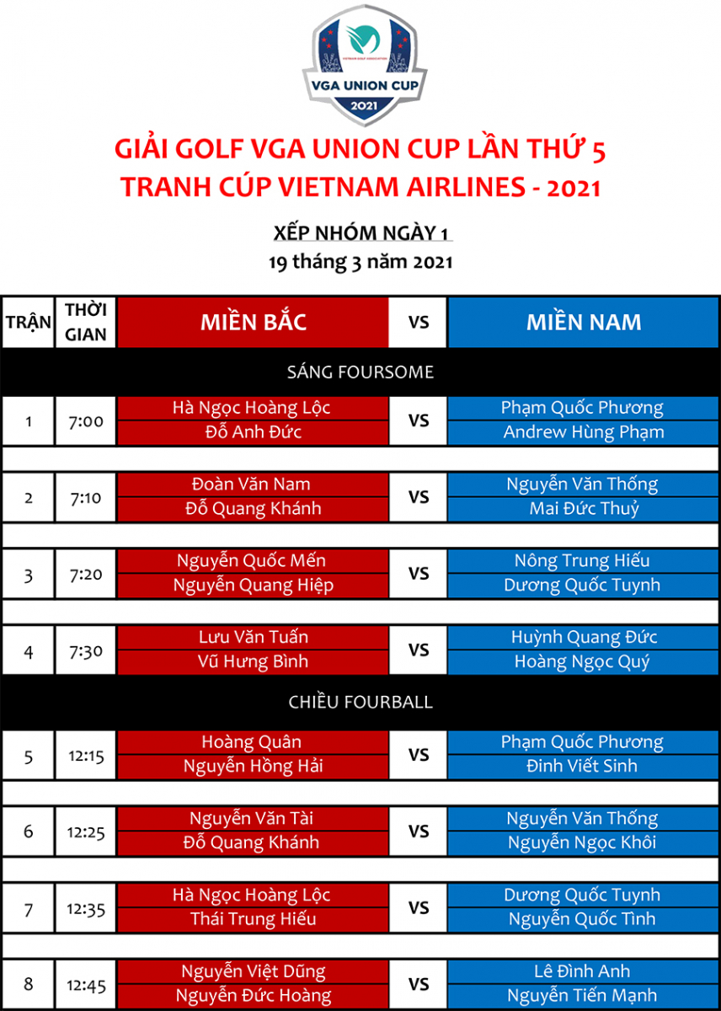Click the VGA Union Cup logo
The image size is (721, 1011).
(365, 65)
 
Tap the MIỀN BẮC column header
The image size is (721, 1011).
(254, 322)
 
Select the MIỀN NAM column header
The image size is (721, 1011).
(584, 322)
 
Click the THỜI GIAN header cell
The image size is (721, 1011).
(86, 322)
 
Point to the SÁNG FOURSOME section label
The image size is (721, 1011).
(360, 372)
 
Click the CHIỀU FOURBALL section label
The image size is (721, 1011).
(360, 702)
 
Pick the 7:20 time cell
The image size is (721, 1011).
(86, 574)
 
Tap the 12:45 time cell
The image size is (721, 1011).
(86, 985)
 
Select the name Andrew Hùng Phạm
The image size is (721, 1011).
(584, 432)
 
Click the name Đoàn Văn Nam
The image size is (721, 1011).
(251, 484)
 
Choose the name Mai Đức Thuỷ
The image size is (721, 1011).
(585, 509)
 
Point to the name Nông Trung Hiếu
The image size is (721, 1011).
(582, 560)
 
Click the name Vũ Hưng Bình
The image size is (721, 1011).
(253, 661)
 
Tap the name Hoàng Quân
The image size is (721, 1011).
(251, 742)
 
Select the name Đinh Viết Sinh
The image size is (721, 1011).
(582, 766)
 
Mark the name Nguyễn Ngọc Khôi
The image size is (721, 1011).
(582, 842)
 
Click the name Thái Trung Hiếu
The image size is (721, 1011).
(254, 918)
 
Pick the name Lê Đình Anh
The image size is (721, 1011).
(582, 971)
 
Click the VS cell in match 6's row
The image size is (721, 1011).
(419, 832)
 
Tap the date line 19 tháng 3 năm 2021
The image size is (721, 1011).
(360, 262)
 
